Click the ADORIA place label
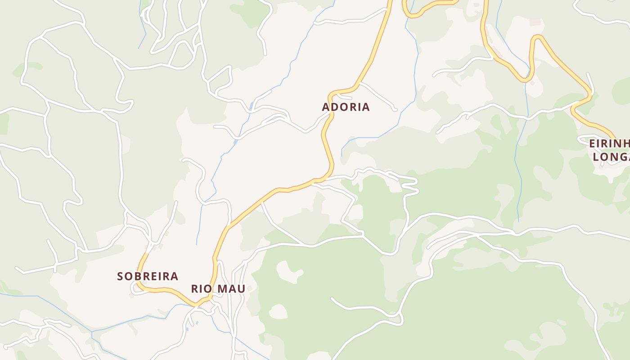pyautogui.click(x=346, y=107)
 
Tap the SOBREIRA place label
pyautogui.click(x=148, y=276)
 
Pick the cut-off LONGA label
pyautogui.click(x=611, y=157)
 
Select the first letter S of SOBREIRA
pyautogui.click(x=120, y=276)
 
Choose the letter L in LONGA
pyautogui.click(x=596, y=157)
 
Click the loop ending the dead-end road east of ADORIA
pyautogui.click(x=395, y=109)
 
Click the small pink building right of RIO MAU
pyautogui.click(x=249, y=288)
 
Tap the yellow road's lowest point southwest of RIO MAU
pyautogui.click(x=197, y=306)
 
